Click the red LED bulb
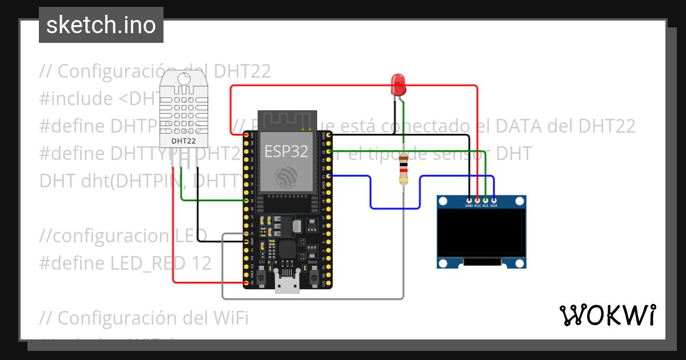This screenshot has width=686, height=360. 398,85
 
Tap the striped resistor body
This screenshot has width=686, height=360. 404,169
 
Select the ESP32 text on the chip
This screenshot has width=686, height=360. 286,151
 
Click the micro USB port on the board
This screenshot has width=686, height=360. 286,282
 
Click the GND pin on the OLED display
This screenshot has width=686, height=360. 469,201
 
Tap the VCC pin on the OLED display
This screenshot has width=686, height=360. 477,201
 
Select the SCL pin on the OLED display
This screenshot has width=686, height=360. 485,201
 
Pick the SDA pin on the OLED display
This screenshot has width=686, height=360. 493,201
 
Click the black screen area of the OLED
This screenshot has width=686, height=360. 481,231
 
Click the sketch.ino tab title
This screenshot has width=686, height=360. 101,25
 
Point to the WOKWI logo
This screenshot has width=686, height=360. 607,315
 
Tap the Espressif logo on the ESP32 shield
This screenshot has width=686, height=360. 286,177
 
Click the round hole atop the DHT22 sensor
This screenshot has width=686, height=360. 184,79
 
